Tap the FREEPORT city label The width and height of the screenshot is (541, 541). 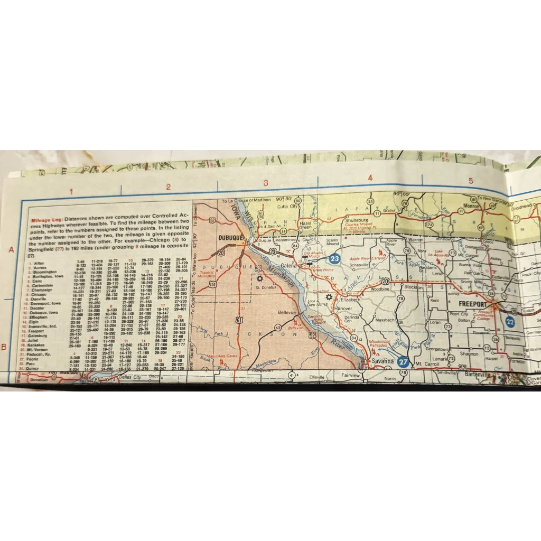click(473, 304)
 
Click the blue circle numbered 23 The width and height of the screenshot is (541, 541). click(334, 259)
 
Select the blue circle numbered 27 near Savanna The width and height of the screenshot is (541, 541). click(404, 362)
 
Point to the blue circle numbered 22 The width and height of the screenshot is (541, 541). click(510, 321)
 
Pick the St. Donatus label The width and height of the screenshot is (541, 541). click(265, 287)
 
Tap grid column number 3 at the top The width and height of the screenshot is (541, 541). click(266, 183)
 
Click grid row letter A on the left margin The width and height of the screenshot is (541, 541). click(11, 250)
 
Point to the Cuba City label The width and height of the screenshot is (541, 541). click(289, 207)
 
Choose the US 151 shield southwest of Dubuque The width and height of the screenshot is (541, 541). click(212, 284)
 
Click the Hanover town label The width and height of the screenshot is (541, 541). click(343, 309)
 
